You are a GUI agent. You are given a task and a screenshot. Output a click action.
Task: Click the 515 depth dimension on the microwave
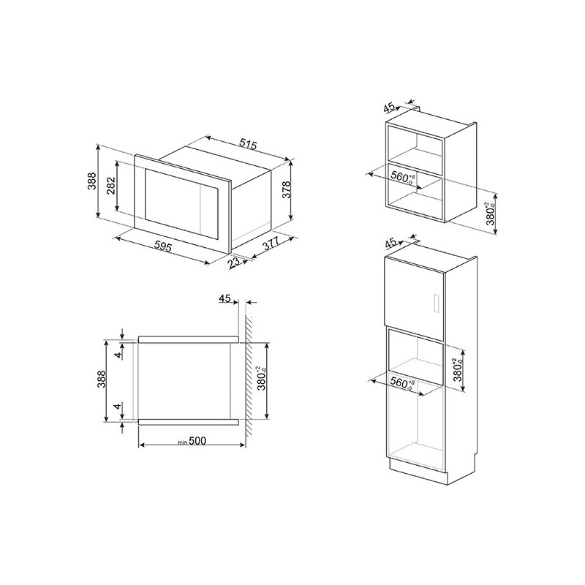[x=248, y=144]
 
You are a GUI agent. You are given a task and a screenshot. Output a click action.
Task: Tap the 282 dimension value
[x=112, y=186]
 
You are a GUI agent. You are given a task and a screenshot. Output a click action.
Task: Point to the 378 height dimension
[x=286, y=189]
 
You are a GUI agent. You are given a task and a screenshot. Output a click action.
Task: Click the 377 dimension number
[x=271, y=245]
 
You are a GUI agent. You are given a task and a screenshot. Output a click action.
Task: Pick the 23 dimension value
[x=234, y=263]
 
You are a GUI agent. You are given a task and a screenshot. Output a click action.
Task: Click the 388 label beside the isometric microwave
[x=92, y=181]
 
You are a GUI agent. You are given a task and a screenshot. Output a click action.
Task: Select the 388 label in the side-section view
[x=102, y=380]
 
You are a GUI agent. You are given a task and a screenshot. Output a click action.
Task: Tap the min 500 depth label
[x=192, y=441]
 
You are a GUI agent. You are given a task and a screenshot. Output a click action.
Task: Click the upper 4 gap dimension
[x=118, y=355]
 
